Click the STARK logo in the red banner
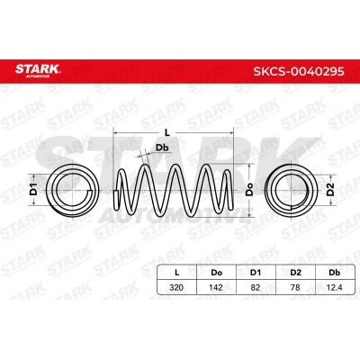(38, 70)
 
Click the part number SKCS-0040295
(299, 71)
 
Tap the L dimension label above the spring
(167, 132)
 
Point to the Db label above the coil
(162, 148)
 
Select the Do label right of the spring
(249, 190)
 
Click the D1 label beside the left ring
(33, 189)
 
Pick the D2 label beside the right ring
(330, 189)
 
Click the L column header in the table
(177, 273)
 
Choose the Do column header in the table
(216, 273)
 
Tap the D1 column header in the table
(256, 273)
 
